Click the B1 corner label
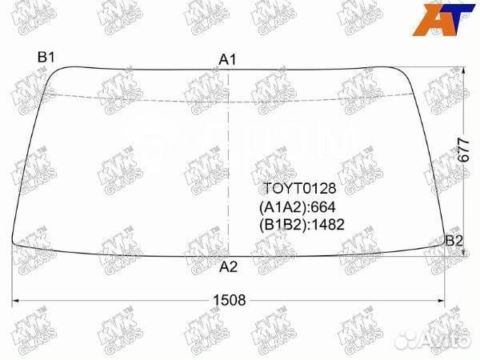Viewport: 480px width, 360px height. tap(46, 57)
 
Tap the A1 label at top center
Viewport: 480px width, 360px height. tap(228, 59)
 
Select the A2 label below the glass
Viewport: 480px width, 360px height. tap(228, 266)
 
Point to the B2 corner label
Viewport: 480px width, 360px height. tap(454, 240)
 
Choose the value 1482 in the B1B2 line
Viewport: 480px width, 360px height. tap(330, 225)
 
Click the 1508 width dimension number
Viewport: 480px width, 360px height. tap(228, 301)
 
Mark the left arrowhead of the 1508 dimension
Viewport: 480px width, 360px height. tap(14, 302)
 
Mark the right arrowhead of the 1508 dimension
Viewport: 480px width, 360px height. tap(444, 302)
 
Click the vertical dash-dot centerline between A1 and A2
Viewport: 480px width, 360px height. tap(229, 160)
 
